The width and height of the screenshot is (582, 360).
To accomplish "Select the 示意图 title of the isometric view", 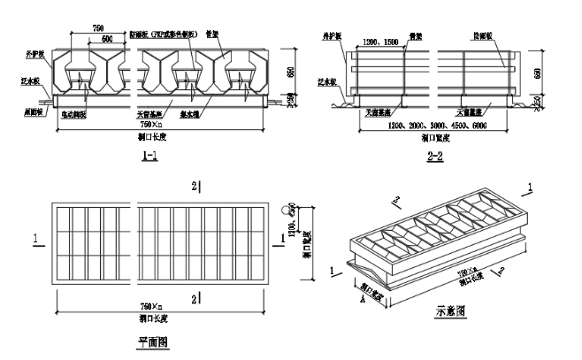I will click(x=451, y=311).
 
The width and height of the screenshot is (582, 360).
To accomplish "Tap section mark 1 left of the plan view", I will click(x=33, y=238).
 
